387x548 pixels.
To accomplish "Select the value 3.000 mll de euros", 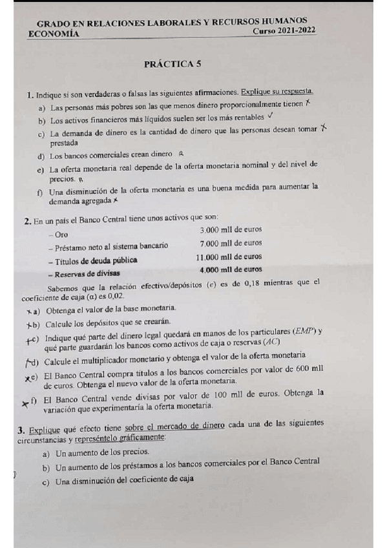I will pos(231,230).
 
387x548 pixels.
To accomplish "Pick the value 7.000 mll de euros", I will pos(231,244).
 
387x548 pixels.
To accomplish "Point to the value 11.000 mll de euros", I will pos(229,257).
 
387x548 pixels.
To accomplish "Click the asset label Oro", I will pos(61,234).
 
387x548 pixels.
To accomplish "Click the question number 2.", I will pos(28,221).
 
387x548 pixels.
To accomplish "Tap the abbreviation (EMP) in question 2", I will pos(304,332).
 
